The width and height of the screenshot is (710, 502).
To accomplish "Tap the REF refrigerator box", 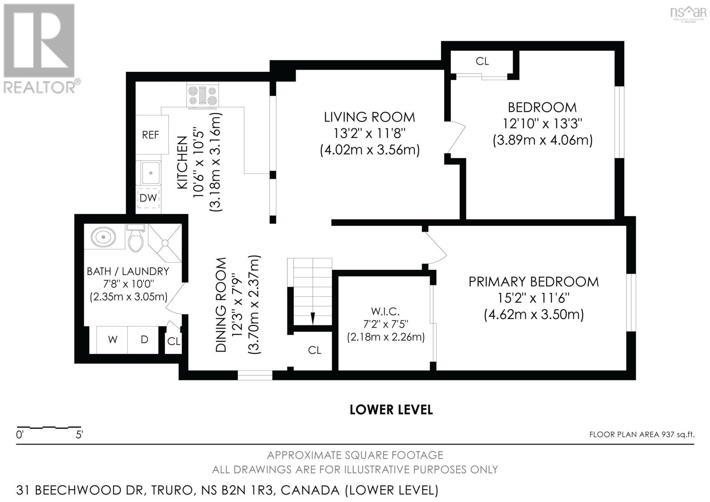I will pyautogui.click(x=151, y=134).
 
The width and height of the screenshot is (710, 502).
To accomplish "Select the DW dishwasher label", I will pyautogui.click(x=148, y=198).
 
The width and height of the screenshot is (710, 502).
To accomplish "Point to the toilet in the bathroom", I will pyautogui.click(x=135, y=238).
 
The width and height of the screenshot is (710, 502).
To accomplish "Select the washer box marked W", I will pyautogui.click(x=113, y=340).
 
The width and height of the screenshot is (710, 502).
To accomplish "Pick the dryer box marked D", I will pyautogui.click(x=144, y=340).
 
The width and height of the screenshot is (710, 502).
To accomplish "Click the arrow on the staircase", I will pyautogui.click(x=312, y=318).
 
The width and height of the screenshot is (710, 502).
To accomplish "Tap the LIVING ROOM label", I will pyautogui.click(x=369, y=117).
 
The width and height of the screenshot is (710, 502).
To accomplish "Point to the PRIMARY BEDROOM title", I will pyautogui.click(x=533, y=282).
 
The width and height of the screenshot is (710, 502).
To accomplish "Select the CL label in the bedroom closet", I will pyautogui.click(x=482, y=61).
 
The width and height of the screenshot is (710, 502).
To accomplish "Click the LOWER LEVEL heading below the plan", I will pyautogui.click(x=391, y=409).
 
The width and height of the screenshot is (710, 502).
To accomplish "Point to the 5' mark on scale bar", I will pyautogui.click(x=79, y=435).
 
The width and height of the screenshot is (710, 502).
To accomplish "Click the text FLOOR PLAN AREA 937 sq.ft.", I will pyautogui.click(x=641, y=434).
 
